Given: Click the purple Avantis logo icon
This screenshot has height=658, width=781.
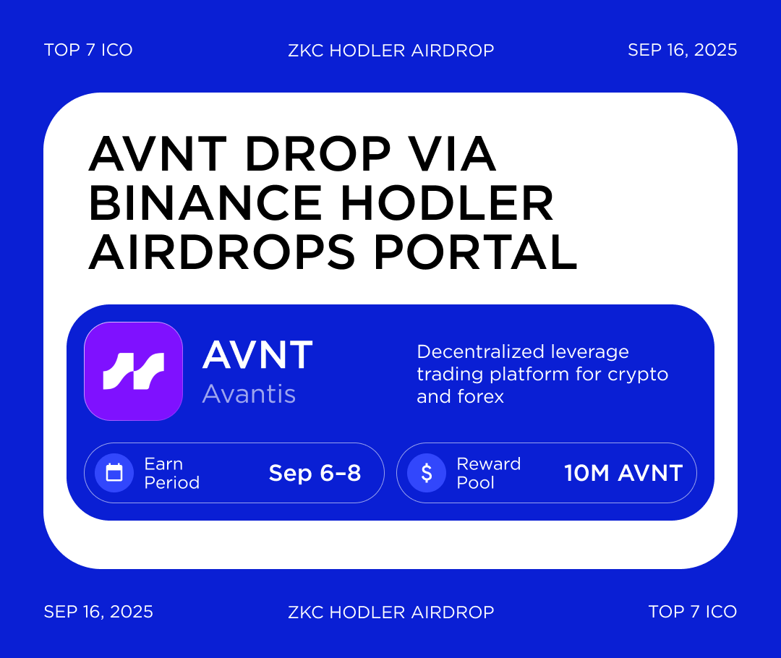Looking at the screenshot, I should [133, 371].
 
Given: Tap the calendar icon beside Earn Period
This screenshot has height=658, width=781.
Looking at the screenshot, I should [114, 473].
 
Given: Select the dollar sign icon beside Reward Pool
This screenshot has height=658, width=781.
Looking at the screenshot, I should [427, 473].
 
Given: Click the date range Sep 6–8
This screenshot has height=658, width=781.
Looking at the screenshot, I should [315, 473].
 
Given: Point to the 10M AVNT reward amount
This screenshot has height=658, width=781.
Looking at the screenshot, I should [623, 473].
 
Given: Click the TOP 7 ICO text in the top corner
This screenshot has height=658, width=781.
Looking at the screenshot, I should [88, 50].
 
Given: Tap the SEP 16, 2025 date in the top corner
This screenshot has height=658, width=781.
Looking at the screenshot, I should [682, 50].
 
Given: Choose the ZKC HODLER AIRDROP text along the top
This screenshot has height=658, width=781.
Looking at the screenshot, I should [390, 50].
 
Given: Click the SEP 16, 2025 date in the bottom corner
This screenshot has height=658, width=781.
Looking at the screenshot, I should [98, 612].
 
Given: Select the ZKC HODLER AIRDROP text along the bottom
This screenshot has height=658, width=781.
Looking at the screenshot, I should [390, 612].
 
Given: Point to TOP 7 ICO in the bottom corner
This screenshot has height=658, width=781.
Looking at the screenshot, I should [692, 612].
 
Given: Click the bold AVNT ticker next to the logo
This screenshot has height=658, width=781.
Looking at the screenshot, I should [257, 355].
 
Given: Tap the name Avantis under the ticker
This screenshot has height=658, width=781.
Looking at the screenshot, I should [249, 393].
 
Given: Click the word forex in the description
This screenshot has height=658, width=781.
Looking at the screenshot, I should [480, 396].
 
